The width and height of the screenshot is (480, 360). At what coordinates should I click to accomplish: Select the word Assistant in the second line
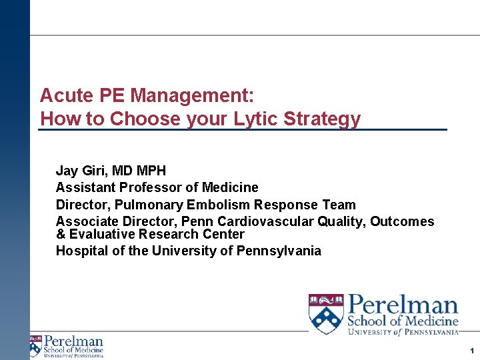(85, 187)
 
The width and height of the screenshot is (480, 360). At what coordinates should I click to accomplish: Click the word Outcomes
(402, 221)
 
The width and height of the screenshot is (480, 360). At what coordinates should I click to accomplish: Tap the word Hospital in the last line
(80, 251)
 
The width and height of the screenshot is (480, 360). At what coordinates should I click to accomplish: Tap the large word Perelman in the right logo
(403, 307)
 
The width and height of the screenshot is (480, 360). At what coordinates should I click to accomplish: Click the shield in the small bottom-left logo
(35, 345)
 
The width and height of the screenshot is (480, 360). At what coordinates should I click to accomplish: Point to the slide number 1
(471, 351)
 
